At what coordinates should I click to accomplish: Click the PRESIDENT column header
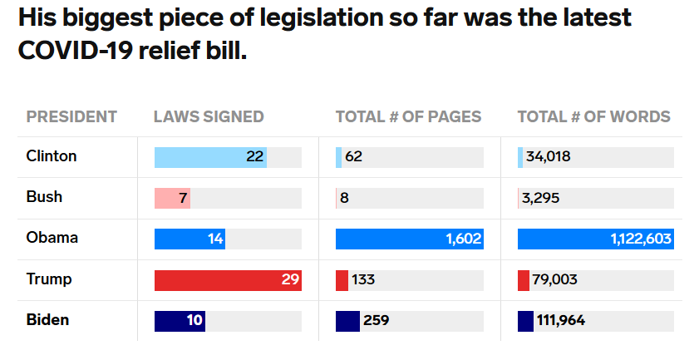point(71,117)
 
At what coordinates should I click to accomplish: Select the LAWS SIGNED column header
point(209,117)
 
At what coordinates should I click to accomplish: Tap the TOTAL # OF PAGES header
point(408,117)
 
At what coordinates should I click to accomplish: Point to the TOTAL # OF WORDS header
point(593,117)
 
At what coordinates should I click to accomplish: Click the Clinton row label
point(52,156)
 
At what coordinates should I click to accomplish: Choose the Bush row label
point(44,198)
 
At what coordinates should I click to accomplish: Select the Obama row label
point(52,239)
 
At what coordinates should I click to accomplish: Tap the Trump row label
point(49,279)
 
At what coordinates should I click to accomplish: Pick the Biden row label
point(47,320)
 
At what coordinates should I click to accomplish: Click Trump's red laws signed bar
point(228,280)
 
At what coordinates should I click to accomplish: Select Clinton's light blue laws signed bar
point(210,157)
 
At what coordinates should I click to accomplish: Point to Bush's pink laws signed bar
point(172,198)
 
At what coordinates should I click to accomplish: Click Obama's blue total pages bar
point(409,239)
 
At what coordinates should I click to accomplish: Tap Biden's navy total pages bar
point(347,321)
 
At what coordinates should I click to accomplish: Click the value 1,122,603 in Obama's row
point(640,239)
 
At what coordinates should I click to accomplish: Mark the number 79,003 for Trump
point(554,280)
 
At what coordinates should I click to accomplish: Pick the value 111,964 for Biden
point(561,321)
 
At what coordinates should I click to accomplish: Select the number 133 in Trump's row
point(363,280)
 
